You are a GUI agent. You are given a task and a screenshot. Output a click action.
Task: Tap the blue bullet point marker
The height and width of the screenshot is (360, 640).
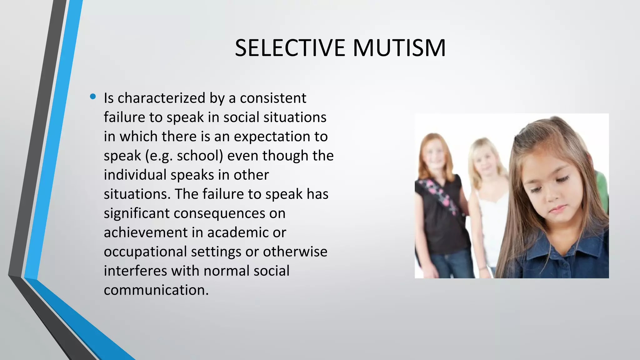92,97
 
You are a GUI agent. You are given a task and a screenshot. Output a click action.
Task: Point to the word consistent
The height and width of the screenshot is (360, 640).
273,98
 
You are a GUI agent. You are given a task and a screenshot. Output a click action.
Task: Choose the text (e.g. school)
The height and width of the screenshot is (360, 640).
184,156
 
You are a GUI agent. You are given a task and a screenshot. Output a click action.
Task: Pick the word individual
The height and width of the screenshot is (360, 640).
135,175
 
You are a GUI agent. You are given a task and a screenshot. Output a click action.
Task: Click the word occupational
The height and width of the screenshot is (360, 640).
145,252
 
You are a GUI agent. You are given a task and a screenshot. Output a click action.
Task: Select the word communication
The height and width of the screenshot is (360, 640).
156,290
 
